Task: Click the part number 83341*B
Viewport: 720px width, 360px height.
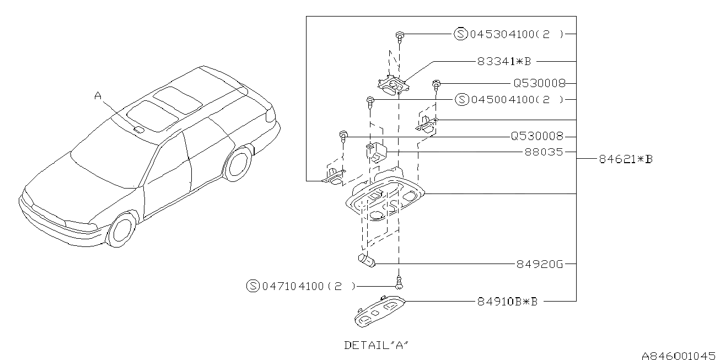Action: (504, 61)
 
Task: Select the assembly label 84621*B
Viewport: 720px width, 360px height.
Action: (626, 159)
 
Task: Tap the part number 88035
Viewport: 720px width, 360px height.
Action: (544, 152)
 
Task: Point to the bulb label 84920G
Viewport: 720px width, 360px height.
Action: (540, 264)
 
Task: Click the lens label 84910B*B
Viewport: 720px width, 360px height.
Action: (507, 302)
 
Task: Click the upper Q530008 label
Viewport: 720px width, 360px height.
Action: (539, 83)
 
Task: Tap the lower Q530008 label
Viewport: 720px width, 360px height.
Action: (538, 136)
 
